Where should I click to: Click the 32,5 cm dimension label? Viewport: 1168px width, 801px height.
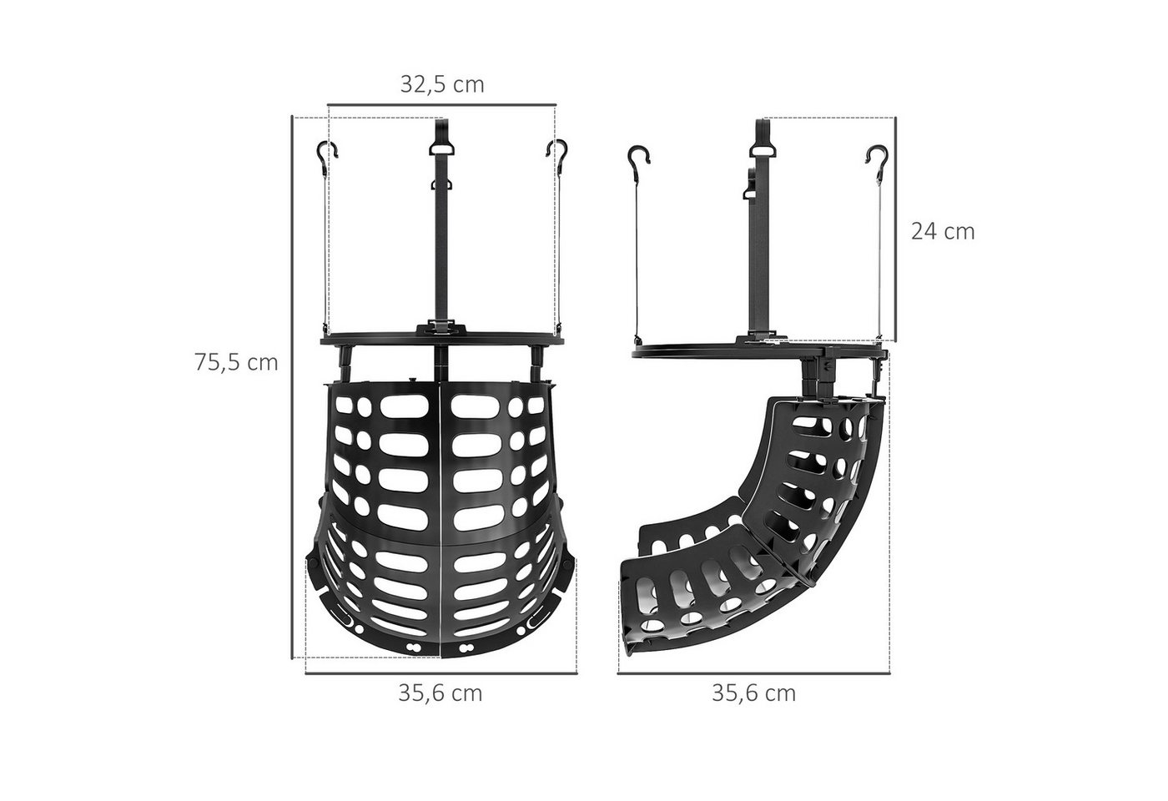442,84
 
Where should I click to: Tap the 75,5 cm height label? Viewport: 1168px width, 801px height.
236,362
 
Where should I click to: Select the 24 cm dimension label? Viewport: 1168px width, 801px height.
943,232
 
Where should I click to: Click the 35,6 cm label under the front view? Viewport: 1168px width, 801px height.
441,693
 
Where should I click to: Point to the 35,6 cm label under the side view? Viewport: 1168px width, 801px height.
754,693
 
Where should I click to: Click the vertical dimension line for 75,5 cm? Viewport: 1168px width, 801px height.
291,387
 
